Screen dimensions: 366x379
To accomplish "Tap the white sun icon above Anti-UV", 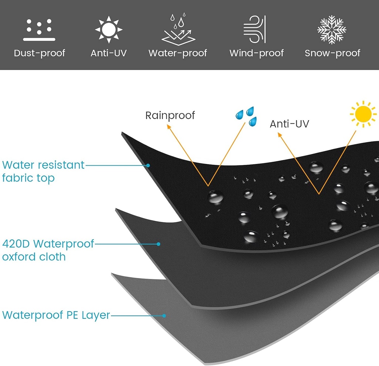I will click(108, 28).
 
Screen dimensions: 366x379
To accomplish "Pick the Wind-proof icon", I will click(255, 28).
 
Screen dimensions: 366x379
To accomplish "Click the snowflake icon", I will click(332, 29).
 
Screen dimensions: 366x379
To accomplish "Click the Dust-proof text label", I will click(39, 53).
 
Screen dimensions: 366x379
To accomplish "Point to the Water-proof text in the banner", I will click(178, 53).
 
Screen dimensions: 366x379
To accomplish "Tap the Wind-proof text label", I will click(256, 53).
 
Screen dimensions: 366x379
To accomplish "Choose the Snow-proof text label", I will click(332, 53).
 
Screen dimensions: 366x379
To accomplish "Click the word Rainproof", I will click(170, 115).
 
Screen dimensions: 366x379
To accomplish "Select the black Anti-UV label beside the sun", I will click(289, 124).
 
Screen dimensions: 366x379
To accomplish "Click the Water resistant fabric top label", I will click(43, 171).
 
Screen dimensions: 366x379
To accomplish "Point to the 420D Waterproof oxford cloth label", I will click(48, 250).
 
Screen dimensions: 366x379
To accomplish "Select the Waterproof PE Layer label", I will click(56, 315).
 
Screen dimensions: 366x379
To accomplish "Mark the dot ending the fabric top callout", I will click(148, 165).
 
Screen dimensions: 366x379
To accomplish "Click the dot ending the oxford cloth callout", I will click(158, 244).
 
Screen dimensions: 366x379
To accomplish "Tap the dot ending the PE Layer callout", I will click(164, 316).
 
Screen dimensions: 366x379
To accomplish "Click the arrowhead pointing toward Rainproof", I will click(169, 127).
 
